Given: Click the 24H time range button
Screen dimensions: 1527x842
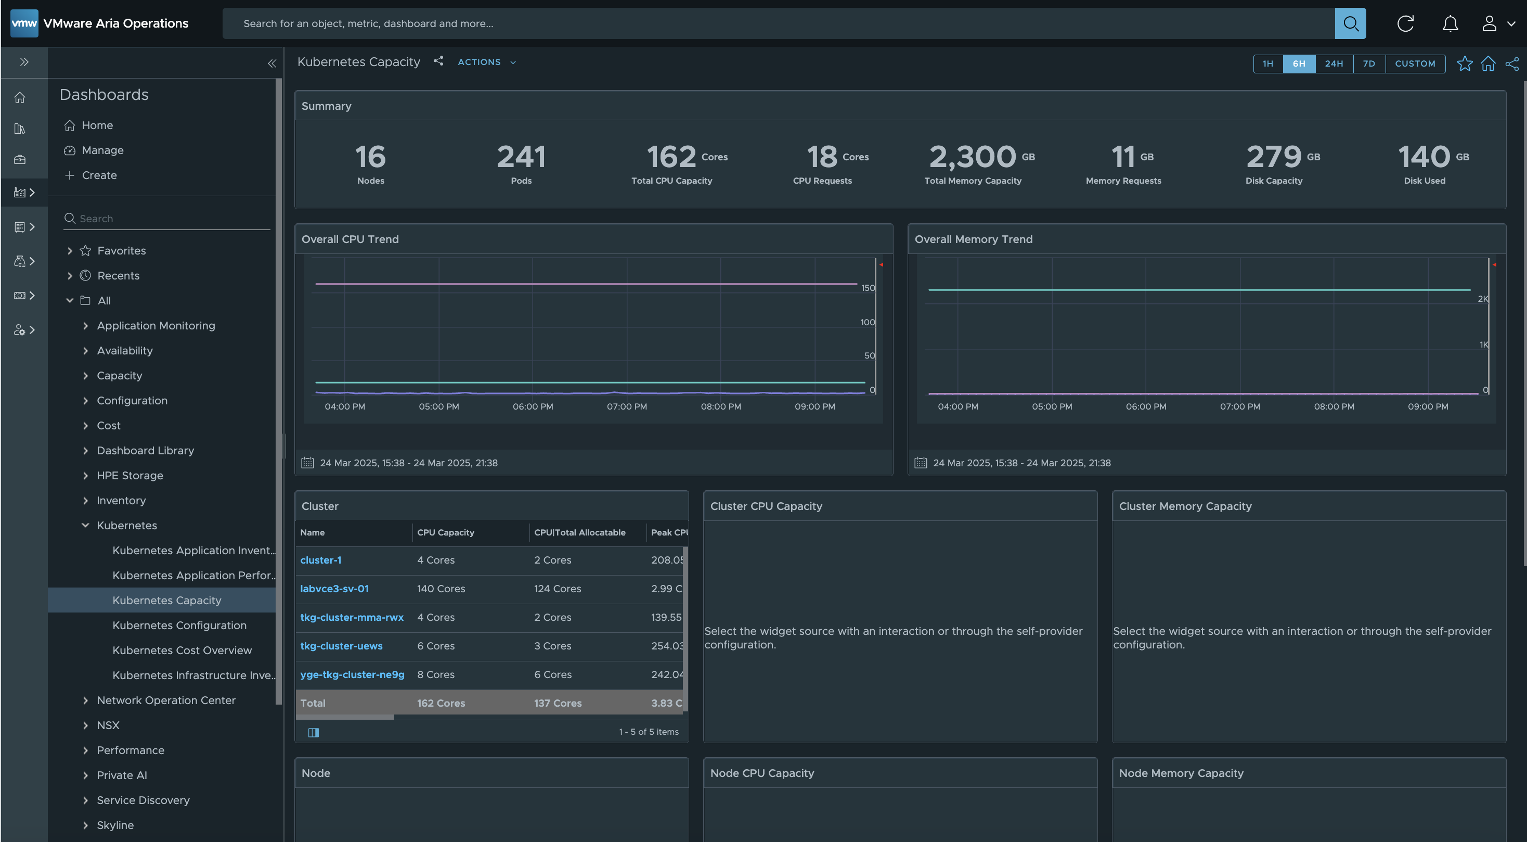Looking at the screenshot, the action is click(1334, 63).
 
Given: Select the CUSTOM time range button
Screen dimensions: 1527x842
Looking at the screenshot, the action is click(1415, 63).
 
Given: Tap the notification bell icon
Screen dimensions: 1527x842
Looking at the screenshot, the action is click(1450, 24).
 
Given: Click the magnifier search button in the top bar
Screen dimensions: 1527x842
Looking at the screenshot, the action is click(1350, 24).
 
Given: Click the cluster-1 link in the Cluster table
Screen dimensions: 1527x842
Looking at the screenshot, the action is click(321, 560).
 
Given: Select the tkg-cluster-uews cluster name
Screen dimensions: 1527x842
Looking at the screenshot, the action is click(341, 646).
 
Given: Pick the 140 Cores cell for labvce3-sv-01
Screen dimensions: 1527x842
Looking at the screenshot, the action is click(441, 588).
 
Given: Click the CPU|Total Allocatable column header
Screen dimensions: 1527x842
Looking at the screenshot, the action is click(580, 532).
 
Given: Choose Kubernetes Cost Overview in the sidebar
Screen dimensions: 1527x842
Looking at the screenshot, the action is click(182, 650).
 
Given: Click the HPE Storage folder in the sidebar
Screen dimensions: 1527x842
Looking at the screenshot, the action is click(130, 475).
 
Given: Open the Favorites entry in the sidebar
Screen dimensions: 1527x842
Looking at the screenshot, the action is click(122, 250).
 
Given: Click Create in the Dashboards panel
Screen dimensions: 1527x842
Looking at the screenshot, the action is click(99, 175).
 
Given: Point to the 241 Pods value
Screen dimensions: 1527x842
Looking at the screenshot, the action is click(521, 157).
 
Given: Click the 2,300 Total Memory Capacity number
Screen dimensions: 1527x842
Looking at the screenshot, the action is click(973, 157).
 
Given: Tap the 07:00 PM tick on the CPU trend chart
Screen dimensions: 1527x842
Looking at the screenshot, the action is click(627, 406).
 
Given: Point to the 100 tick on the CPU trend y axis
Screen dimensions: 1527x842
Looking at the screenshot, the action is click(867, 322).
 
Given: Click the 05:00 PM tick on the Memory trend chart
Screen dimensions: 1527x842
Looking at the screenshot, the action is click(1052, 406).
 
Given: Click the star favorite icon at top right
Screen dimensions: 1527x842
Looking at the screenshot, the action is click(1464, 63).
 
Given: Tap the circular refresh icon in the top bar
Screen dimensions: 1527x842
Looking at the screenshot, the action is click(1405, 24).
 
